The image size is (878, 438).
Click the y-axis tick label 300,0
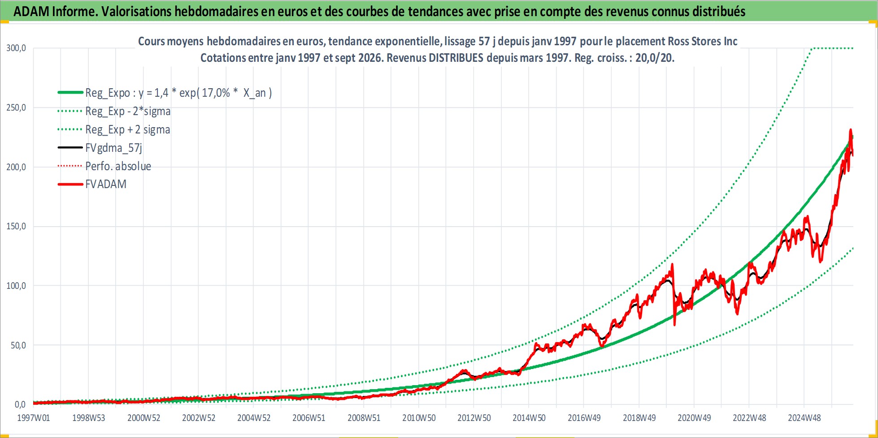pyautogui.click(x=16, y=48)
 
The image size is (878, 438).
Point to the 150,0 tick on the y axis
pyautogui.click(x=16, y=226)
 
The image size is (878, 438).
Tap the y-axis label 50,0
pyautogui.click(x=18, y=345)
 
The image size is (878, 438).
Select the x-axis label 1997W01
pyautogui.click(x=34, y=418)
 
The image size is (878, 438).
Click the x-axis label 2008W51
pyautogui.click(x=364, y=418)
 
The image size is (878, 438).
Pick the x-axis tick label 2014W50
pyautogui.click(x=529, y=418)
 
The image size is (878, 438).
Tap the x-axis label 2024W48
pyautogui.click(x=804, y=418)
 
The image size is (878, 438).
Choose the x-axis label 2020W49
pyautogui.click(x=694, y=418)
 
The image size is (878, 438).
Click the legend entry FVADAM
pyautogui.click(x=106, y=184)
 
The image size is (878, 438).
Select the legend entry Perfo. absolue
pyautogui.click(x=118, y=166)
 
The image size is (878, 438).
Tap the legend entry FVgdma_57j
pyautogui.click(x=114, y=148)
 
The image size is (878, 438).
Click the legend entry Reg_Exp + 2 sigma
pyautogui.click(x=128, y=129)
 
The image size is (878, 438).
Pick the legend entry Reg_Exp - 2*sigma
pyautogui.click(x=128, y=111)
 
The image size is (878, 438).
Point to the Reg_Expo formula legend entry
pyautogui.click(x=178, y=93)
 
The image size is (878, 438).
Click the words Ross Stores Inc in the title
pyautogui.click(x=703, y=41)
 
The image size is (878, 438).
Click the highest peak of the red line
pyautogui.click(x=850, y=130)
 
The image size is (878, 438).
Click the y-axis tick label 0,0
pyautogui.click(x=21, y=404)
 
